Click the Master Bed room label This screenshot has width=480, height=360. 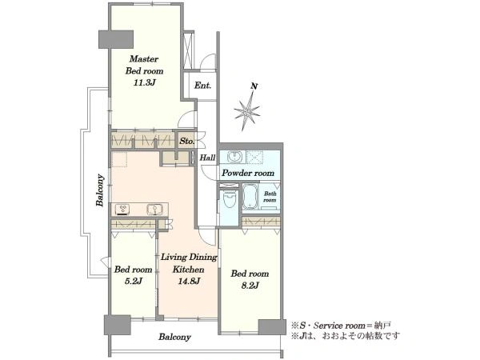coord(144,65)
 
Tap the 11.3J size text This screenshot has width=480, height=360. coord(145,82)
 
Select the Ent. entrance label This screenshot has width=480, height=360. coord(202,86)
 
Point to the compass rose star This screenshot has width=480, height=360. coord(247,111)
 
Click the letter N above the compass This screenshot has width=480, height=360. coord(254,86)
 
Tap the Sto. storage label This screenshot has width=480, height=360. coord(186,142)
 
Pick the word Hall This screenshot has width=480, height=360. coord(207,158)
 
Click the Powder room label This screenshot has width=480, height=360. coord(248,174)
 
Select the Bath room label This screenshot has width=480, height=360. coord(270,197)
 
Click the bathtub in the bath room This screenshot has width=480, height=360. coord(250,196)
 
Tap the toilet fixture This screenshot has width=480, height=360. coord(229,198)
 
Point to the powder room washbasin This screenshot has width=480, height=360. coord(235,157)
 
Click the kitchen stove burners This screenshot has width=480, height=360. coord(122,210)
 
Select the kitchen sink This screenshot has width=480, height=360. coord(155,210)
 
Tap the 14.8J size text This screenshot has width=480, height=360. coord(189,281)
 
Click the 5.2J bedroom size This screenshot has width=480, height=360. coord(133,281)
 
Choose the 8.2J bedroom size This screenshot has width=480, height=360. coord(250,286)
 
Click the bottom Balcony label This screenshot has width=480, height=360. coord(174,337)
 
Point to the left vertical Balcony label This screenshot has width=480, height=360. coord(100,190)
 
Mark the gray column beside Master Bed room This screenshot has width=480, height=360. coord(116,39)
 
